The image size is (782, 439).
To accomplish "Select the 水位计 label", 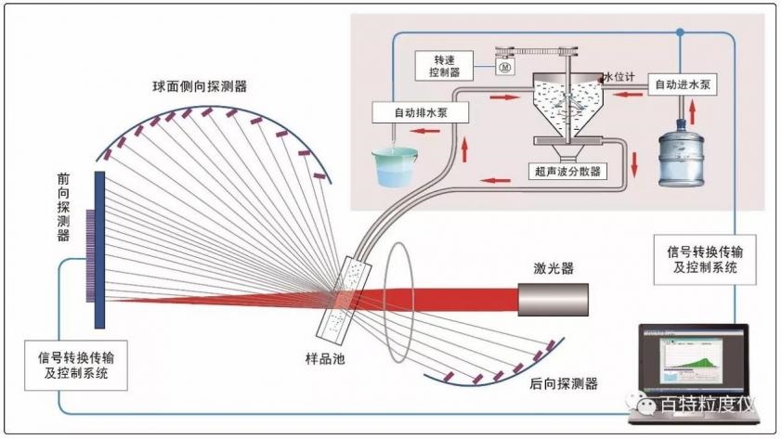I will [x=619, y=78].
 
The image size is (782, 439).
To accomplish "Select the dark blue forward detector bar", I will [x=99, y=249].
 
